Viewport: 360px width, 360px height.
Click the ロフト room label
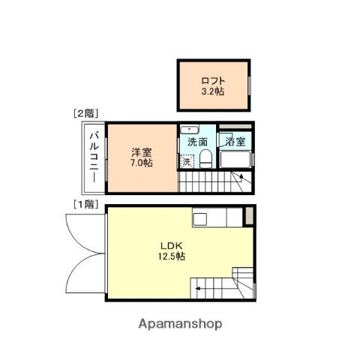coord(213,81)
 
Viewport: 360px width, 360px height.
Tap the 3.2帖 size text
coord(213,91)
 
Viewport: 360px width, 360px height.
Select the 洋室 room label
coord(142,152)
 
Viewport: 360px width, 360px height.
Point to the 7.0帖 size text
coord(142,163)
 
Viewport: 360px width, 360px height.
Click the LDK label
coord(172,246)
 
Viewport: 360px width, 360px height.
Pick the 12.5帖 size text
coord(172,256)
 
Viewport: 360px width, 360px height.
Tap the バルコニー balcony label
coord(94,157)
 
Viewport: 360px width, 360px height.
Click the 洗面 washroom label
coord(197,142)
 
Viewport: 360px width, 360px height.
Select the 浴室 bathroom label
coord(235,142)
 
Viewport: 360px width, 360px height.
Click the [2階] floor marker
coord(85,114)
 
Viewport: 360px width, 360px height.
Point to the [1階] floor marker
coord(85,205)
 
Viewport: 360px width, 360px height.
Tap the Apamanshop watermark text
coord(180,324)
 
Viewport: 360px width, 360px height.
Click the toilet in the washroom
coord(205,159)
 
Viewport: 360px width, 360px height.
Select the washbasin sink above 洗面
coord(190,130)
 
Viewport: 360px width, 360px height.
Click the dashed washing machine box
coord(187,161)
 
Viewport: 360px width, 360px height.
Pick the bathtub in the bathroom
coord(235,160)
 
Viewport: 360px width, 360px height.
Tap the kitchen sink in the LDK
coord(199,219)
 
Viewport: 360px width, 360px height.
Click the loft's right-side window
coord(249,85)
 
